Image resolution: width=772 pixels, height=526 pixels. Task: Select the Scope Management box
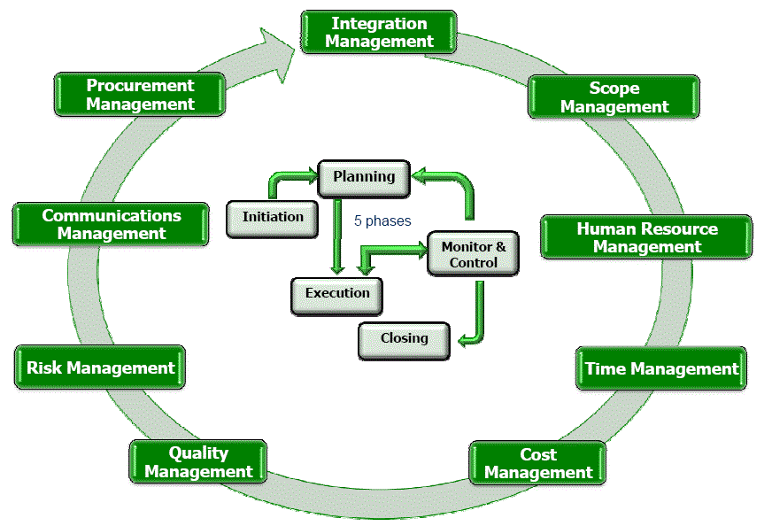(614, 97)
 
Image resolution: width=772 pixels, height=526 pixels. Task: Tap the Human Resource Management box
(646, 237)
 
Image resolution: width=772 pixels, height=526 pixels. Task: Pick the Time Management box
(660, 368)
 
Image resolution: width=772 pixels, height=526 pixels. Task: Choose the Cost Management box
(537, 463)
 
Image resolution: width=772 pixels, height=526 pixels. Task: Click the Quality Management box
(198, 462)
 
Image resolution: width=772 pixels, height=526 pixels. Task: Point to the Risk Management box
(100, 367)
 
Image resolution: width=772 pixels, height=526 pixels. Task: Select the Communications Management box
(112, 224)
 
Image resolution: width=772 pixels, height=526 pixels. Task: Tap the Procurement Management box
(140, 94)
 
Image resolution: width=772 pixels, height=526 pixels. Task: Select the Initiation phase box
(272, 217)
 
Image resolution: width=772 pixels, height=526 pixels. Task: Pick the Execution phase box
(337, 294)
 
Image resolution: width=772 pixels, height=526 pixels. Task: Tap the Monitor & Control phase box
(473, 254)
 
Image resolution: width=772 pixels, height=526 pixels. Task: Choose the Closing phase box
(404, 339)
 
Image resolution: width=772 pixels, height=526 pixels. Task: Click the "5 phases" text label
(382, 221)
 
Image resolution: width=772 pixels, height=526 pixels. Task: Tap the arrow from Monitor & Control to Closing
(478, 314)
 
